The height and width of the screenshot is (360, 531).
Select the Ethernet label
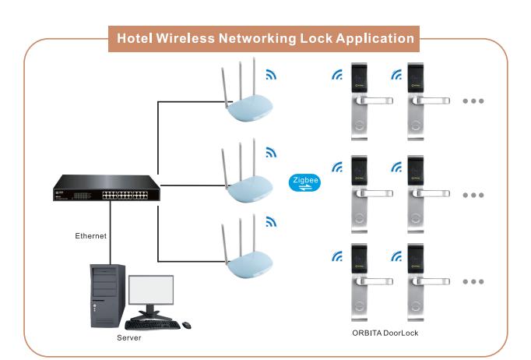(x=90, y=235)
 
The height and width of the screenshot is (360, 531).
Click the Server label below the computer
(x=129, y=338)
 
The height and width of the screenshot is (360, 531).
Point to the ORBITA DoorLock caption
(x=386, y=333)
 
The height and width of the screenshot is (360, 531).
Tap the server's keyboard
(x=161, y=324)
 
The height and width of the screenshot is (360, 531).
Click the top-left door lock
(x=360, y=97)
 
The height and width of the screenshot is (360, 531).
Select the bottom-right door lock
(x=420, y=277)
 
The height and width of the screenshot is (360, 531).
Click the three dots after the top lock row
(x=473, y=101)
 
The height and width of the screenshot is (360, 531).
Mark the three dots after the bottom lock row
(x=473, y=281)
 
